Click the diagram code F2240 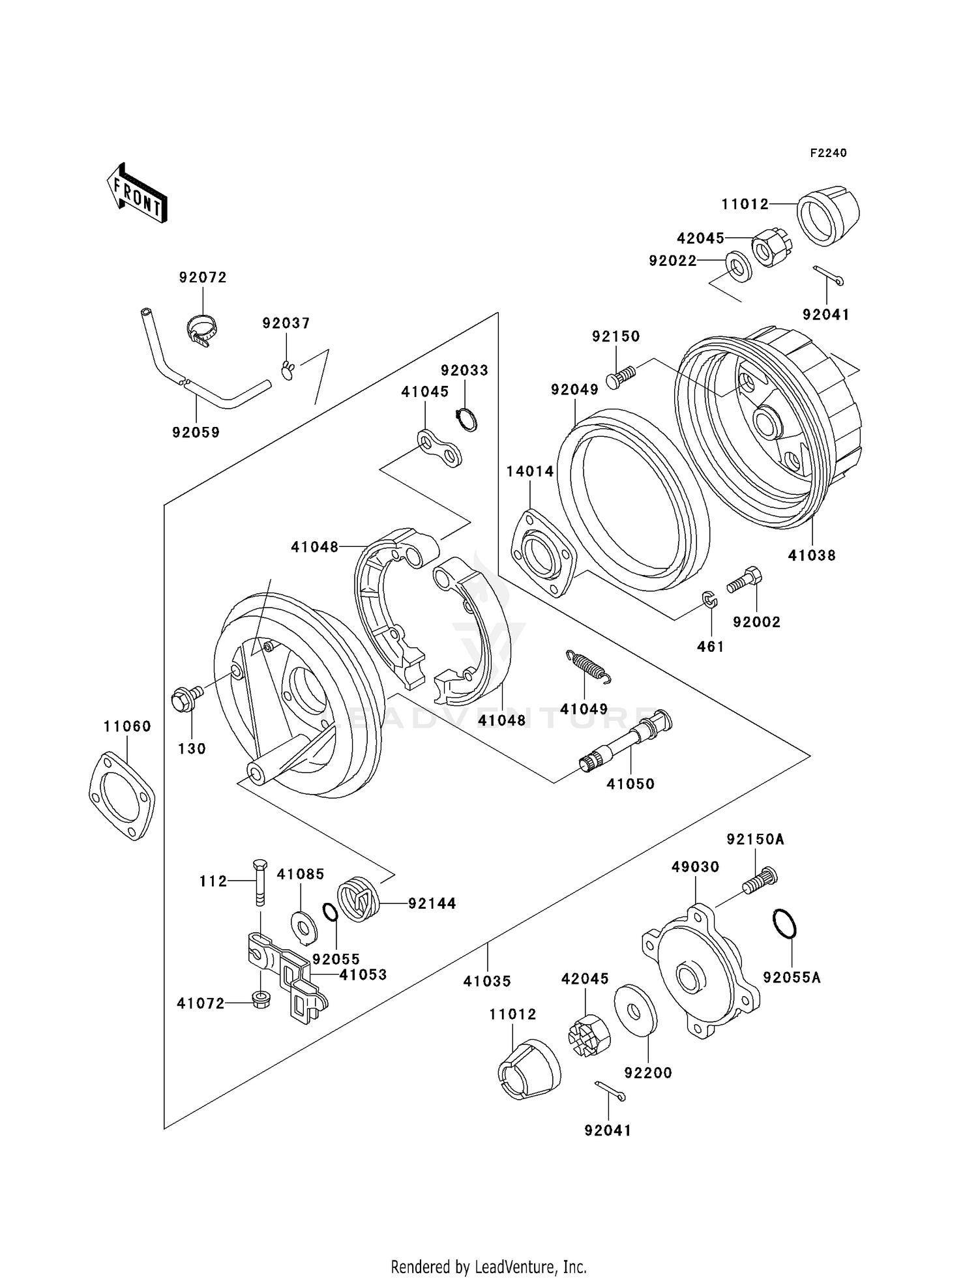pyautogui.click(x=828, y=153)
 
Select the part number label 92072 pyautogui.click(x=203, y=278)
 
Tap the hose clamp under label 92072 pyautogui.click(x=201, y=330)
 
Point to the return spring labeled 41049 pyautogui.click(x=588, y=668)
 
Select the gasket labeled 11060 pyautogui.click(x=122, y=795)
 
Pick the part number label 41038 pyautogui.click(x=812, y=555)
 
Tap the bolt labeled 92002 pyautogui.click(x=745, y=580)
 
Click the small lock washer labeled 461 pyautogui.click(x=709, y=599)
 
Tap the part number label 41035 pyautogui.click(x=487, y=980)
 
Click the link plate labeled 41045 pyautogui.click(x=440, y=448)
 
